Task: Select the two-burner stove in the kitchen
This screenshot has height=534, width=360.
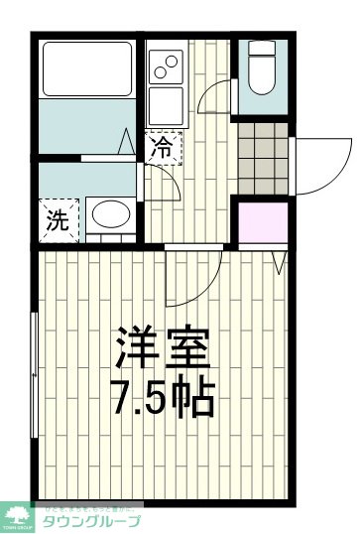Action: (x=165, y=68)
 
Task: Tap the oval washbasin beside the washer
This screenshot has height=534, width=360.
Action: (x=110, y=215)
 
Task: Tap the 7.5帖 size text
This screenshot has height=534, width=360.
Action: (x=164, y=397)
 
